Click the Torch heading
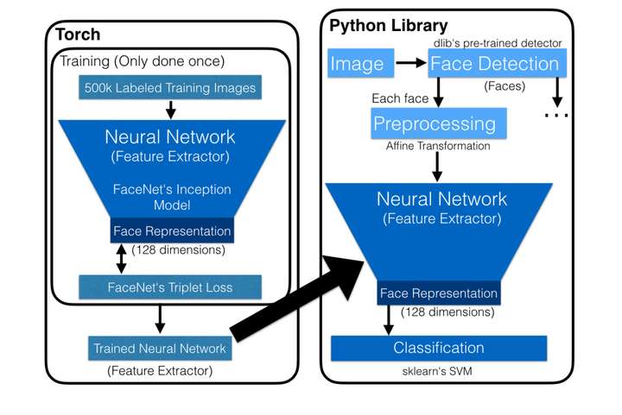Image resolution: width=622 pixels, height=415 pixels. (x=78, y=35)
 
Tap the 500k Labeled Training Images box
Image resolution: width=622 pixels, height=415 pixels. (x=170, y=88)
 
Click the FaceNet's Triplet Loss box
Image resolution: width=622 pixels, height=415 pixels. (x=168, y=286)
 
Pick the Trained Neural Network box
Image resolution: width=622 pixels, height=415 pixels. (x=161, y=349)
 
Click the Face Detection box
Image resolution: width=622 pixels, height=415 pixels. (x=494, y=63)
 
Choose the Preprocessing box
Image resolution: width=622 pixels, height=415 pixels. (x=435, y=123)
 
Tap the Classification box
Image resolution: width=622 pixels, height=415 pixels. (x=439, y=349)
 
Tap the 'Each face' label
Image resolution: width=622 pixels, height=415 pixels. (x=395, y=98)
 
